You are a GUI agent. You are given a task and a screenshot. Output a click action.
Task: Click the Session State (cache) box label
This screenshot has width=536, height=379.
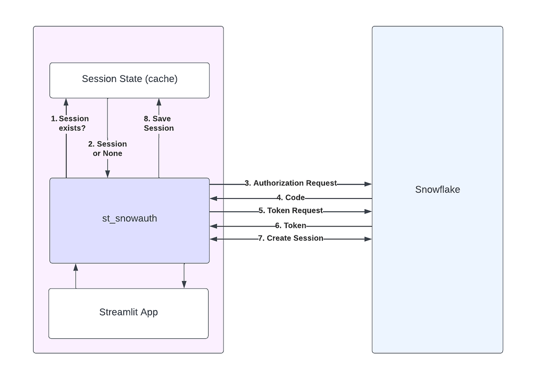[x=130, y=79]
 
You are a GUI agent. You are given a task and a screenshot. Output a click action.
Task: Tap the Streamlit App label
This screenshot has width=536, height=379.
[x=129, y=312]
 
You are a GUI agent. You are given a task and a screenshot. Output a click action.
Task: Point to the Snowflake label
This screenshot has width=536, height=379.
[x=437, y=189]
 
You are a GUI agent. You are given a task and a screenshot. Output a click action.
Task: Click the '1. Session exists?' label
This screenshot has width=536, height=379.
[x=70, y=123]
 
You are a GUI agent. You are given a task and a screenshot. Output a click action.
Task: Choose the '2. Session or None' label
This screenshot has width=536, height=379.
[x=108, y=148]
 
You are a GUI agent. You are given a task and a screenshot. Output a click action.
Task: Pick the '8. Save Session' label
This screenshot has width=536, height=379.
[x=159, y=123]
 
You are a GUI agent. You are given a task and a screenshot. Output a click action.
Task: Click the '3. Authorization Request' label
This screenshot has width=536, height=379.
[x=290, y=183]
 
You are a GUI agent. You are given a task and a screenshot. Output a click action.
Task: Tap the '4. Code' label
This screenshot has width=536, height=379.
[x=290, y=198]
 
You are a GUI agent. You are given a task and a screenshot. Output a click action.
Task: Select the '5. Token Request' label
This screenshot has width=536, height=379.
[x=290, y=210]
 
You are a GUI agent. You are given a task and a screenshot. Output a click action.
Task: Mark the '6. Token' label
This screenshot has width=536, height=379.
[x=290, y=226]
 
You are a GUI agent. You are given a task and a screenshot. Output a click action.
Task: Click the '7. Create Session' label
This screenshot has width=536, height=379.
[x=290, y=238]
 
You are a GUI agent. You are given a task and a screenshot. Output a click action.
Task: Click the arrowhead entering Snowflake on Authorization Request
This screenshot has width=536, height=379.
[x=368, y=184]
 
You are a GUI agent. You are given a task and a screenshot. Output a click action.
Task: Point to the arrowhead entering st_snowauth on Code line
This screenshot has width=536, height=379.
[x=214, y=198]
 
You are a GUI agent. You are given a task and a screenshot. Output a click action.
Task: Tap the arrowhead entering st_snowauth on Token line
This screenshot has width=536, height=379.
[x=214, y=227]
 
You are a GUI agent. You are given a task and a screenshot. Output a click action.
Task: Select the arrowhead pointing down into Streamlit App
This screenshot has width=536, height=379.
[x=184, y=285]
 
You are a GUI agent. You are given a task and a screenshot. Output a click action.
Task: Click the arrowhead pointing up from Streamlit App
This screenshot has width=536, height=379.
[x=75, y=267]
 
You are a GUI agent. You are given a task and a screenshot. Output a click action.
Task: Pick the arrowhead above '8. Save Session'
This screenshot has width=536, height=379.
[x=159, y=102]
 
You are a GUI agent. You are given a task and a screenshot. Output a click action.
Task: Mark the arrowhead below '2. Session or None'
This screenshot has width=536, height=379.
[x=108, y=174]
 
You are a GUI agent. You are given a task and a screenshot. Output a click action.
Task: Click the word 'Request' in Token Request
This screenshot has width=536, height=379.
[x=308, y=210]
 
